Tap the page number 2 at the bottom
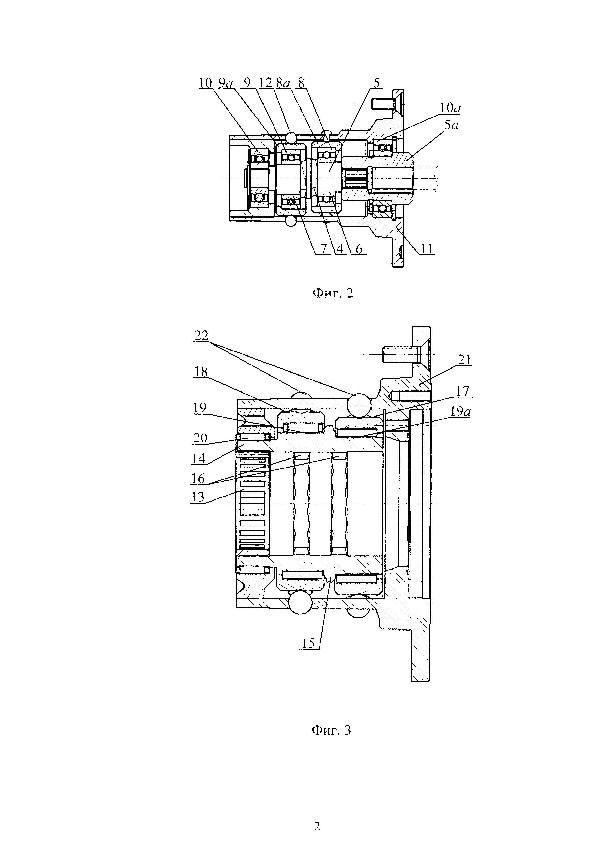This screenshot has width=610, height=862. (317, 824)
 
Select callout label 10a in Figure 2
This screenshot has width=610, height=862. (450, 108)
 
